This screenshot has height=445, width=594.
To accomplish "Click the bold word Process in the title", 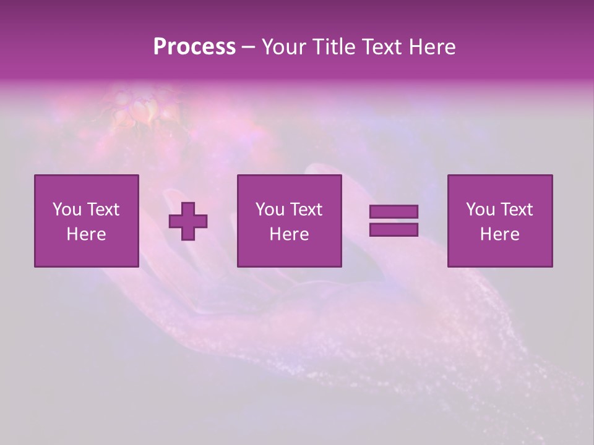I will point(194,47).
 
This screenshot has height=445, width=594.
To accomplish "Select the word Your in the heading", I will point(285,47).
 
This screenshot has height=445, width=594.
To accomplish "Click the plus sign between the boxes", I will point(188,221).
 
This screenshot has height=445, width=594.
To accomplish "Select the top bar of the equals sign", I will point(394,212).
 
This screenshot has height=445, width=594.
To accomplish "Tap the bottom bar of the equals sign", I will point(394,229).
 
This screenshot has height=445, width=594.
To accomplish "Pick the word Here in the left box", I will point(86,234).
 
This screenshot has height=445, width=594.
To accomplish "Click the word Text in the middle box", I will point(306,210).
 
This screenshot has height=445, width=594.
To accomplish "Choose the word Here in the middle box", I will point(289,234).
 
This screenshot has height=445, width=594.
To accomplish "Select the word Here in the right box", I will point(499,234).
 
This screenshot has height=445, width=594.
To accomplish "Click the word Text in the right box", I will point(516,210).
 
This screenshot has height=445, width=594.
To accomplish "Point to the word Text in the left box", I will point(103,210).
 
